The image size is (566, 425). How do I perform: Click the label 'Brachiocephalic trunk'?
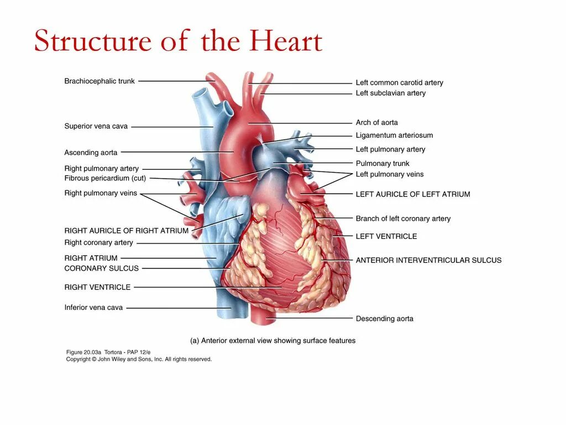pyautogui.click(x=99, y=81)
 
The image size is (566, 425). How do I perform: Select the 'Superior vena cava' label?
pyautogui.click(x=96, y=126)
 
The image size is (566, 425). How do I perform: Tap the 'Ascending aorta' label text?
pyautogui.click(x=91, y=152)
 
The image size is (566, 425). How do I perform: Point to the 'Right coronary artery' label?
pyautogui.click(x=99, y=242)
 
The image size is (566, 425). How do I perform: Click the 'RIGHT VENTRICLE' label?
pyautogui.click(x=98, y=287)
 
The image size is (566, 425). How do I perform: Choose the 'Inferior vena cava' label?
pyautogui.click(x=93, y=308)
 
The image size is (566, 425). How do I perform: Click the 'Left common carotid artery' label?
pyautogui.click(x=399, y=82)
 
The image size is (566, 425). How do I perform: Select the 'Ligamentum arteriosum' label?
pyautogui.click(x=394, y=135)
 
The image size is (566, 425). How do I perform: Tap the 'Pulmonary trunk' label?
pyautogui.click(x=382, y=163)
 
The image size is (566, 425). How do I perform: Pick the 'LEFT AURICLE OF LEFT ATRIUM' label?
pyautogui.click(x=413, y=194)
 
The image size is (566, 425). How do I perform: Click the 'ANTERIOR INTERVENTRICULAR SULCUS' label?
pyautogui.click(x=428, y=260)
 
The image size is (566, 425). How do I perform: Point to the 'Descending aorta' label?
pyautogui.click(x=384, y=319)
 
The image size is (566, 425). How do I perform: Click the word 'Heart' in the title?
pyautogui.click(x=285, y=42)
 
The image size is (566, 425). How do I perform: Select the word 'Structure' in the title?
pyautogui.click(x=92, y=42)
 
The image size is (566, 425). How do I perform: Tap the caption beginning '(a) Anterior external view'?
pyautogui.click(x=272, y=341)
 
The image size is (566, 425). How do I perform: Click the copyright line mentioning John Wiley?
pyautogui.click(x=139, y=359)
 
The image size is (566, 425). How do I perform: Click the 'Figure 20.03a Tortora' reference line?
pyautogui.click(x=108, y=352)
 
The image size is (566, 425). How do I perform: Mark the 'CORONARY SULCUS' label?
pyautogui.click(x=102, y=268)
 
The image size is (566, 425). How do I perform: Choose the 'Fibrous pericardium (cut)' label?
pyautogui.click(x=105, y=178)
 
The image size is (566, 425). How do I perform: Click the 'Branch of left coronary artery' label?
pyautogui.click(x=403, y=219)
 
